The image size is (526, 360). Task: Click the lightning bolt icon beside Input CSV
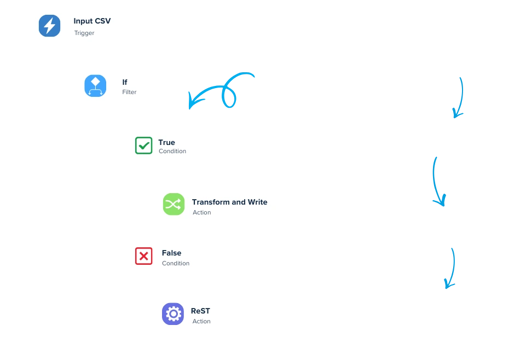[x=49, y=26]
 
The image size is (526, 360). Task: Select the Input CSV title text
[x=92, y=21]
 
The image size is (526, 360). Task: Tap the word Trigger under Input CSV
[x=84, y=33]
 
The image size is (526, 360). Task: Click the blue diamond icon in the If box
[x=95, y=86]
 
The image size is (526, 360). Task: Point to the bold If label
[x=125, y=82]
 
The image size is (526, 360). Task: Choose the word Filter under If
[x=129, y=92]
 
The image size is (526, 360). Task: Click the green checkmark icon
[x=143, y=146]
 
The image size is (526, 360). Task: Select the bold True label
[x=166, y=142]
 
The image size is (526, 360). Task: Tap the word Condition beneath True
[x=172, y=152]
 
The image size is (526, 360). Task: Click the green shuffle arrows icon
[x=174, y=205]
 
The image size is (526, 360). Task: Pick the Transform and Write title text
[x=229, y=202]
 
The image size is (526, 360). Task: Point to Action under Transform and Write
[x=201, y=212]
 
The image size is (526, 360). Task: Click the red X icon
[x=143, y=256]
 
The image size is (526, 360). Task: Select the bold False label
[x=171, y=253]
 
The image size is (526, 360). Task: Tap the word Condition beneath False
[x=176, y=263]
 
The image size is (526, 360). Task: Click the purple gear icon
[x=173, y=313]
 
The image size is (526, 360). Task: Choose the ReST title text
[x=200, y=311]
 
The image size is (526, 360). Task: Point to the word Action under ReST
[x=201, y=321]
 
